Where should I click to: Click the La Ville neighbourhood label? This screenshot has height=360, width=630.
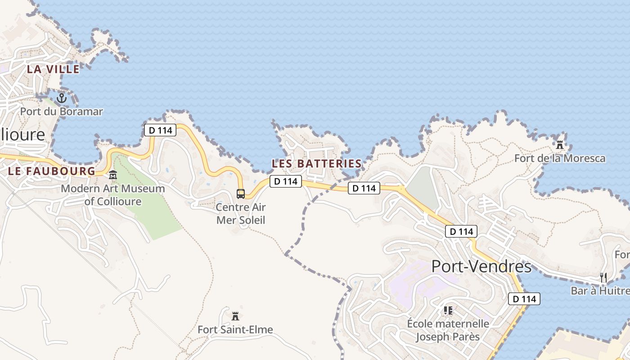click(x=53, y=69)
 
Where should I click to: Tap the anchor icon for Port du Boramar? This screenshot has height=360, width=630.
click(x=62, y=98)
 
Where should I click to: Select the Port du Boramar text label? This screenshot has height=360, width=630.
click(x=62, y=111)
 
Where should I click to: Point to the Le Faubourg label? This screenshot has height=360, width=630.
click(x=52, y=171)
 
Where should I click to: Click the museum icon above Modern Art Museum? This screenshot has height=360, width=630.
click(x=113, y=175)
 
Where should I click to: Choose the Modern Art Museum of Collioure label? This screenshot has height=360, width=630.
click(x=113, y=195)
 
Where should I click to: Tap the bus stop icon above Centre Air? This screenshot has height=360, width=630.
click(x=241, y=194)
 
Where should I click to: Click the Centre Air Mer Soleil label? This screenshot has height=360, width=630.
click(x=241, y=214)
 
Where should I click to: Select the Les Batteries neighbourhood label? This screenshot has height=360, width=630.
click(x=316, y=164)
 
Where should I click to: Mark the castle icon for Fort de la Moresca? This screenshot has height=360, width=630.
click(x=560, y=145)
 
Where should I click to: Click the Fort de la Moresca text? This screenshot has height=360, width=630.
click(x=560, y=158)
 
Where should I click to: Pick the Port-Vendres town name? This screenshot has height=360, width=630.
click(x=481, y=266)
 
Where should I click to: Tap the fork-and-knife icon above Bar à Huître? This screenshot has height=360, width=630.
click(x=603, y=277)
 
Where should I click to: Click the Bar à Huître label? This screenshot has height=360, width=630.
click(x=600, y=291)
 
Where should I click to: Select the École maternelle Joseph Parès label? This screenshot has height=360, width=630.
click(x=448, y=330)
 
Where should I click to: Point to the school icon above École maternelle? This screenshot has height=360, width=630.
click(x=448, y=310)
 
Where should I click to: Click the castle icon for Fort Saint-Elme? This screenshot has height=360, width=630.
click(x=235, y=316)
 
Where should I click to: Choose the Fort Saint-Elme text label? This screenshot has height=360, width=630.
click(x=235, y=330)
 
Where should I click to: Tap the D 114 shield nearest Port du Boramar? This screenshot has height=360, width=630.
click(x=160, y=130)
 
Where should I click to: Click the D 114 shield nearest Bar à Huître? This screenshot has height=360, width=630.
click(x=524, y=299)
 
